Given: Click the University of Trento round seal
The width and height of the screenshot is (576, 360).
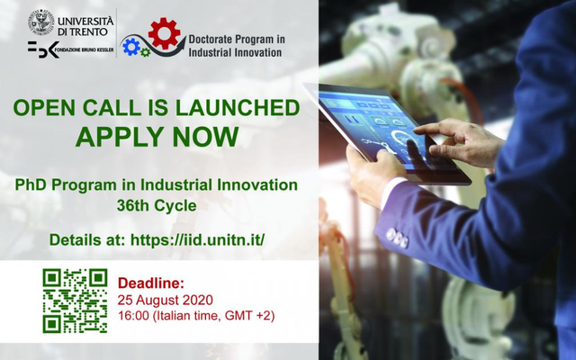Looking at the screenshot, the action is click(x=41, y=22).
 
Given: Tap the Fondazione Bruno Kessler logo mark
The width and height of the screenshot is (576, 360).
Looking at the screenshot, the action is click(x=43, y=49).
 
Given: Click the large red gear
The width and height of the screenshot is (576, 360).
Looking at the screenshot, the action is click(x=164, y=33).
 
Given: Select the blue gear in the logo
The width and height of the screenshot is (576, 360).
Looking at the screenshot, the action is click(x=131, y=47).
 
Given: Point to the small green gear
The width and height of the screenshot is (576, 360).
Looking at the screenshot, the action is click(x=146, y=52).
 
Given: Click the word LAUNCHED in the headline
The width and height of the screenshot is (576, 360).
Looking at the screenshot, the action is click(x=238, y=108).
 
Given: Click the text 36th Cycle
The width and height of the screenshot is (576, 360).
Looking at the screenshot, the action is click(x=157, y=206).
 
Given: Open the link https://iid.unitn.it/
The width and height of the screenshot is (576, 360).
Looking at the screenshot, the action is click(x=198, y=240).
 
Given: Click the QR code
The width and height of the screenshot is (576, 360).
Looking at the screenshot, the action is click(x=75, y=301).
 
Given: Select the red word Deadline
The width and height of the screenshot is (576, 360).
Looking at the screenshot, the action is click(x=150, y=283).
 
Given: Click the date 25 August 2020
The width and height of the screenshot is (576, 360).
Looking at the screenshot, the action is click(x=166, y=300).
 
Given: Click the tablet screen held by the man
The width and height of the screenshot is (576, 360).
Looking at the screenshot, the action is click(x=382, y=125).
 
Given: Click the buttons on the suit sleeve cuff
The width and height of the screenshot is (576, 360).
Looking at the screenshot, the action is click(x=397, y=238).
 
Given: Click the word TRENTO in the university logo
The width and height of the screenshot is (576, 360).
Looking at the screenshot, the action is click(x=88, y=31).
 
